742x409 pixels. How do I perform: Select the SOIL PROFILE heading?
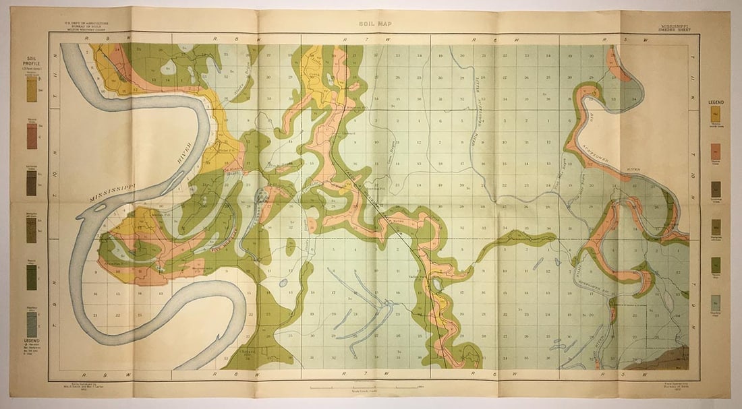pos(31,65)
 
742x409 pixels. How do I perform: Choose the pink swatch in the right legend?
pos(716,152)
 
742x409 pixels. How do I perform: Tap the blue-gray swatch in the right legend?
pos(716,303)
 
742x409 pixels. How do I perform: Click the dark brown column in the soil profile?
pos(31,183)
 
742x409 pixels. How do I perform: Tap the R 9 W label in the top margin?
pos(90,39)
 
